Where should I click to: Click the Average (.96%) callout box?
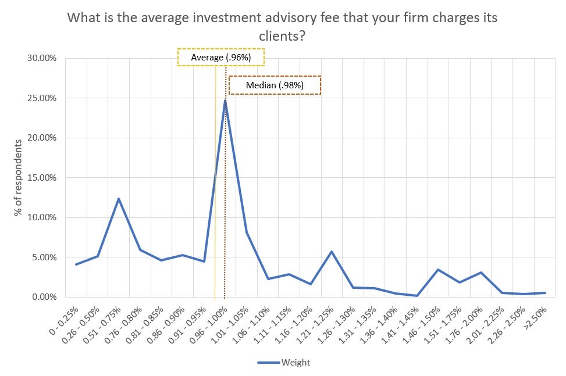(x=221, y=58)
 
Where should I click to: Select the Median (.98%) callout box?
(x=275, y=85)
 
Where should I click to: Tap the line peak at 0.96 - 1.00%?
(x=225, y=101)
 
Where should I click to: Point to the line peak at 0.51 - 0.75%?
(x=119, y=199)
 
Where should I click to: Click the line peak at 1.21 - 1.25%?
(x=332, y=252)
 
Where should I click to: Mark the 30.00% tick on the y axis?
(x=40, y=58)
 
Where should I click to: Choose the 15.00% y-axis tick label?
(x=40, y=177)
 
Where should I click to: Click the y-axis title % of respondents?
(x=19, y=178)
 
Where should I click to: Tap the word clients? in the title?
(x=282, y=36)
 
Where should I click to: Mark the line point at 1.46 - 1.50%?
(x=438, y=270)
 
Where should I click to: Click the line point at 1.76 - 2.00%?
(x=481, y=273)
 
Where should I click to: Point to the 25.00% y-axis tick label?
(x=40, y=98)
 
